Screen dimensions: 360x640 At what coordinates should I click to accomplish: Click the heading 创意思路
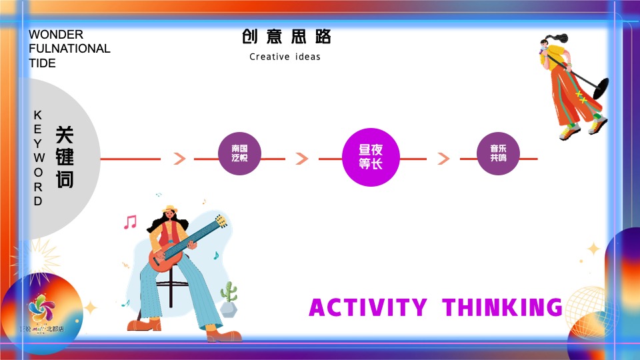click(x=286, y=37)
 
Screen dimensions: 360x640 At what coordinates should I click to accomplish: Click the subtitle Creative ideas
click(x=285, y=57)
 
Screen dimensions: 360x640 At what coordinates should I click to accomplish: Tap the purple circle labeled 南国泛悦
click(x=240, y=154)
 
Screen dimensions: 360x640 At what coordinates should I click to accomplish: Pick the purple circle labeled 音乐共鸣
click(x=498, y=154)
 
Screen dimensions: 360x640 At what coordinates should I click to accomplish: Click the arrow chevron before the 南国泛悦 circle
click(x=179, y=159)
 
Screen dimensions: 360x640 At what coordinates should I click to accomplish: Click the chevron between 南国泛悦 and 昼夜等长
click(x=302, y=159)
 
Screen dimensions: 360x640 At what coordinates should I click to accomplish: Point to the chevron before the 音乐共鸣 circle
click(x=443, y=159)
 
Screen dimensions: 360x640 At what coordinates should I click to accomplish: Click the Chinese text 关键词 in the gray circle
click(x=65, y=157)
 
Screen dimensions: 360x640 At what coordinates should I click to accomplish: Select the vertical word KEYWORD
click(x=38, y=158)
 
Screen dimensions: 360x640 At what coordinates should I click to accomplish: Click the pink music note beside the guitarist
click(x=130, y=222)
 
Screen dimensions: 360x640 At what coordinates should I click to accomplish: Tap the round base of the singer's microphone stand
click(x=600, y=87)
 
